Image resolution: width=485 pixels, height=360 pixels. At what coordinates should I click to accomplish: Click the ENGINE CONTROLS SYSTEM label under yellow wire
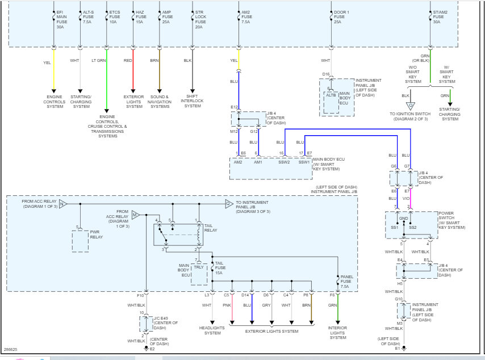tap(55, 102)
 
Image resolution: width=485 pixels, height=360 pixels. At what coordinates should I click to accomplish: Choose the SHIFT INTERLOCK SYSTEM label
tap(193, 102)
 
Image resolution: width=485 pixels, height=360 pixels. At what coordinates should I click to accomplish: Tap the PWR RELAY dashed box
tap(80, 241)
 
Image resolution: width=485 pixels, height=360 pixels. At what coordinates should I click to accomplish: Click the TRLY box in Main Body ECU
tap(199, 267)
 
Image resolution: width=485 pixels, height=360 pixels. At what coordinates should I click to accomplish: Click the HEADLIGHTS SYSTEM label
tap(212, 330)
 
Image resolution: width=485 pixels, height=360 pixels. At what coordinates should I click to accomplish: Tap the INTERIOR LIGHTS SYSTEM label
tap(338, 333)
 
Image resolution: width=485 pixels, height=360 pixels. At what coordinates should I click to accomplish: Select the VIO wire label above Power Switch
tap(407, 199)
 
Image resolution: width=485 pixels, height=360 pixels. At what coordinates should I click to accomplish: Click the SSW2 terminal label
tap(284, 162)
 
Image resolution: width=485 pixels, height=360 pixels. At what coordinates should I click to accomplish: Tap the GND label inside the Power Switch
tap(404, 217)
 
